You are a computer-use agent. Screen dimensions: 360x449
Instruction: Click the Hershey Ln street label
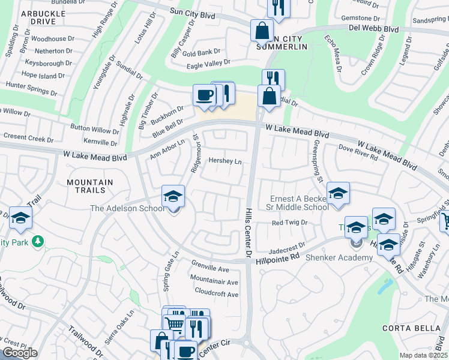[224, 161]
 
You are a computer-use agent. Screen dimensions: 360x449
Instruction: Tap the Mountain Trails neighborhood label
[90, 187]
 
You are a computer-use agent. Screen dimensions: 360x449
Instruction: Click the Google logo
[20, 353]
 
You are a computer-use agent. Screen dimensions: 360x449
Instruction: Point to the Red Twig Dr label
[289, 223]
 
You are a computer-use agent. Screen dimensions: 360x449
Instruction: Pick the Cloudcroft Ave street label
[216, 295]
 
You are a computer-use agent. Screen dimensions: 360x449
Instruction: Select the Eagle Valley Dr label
[208, 62]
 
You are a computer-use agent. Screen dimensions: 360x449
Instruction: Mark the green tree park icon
[37, 241]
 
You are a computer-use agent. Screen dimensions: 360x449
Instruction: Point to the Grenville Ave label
[210, 269]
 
